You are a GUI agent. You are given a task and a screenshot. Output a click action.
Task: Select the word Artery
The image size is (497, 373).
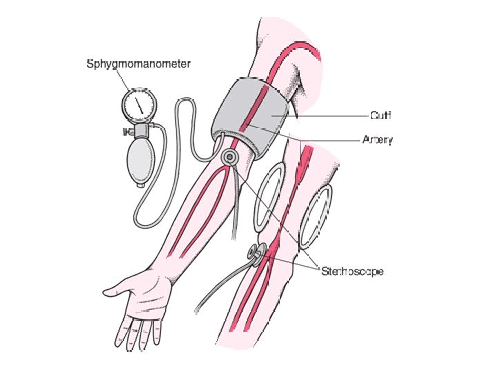[x=378, y=140]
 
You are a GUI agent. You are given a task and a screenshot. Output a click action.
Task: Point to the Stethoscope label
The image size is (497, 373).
[x=352, y=271]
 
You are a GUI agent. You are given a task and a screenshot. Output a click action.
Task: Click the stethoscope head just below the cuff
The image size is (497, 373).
[x=229, y=158]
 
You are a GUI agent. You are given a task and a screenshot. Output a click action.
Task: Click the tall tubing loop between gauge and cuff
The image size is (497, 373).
[x=184, y=117]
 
